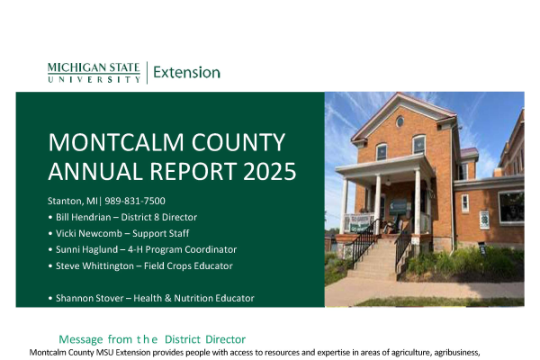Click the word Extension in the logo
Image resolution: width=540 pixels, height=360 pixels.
[186, 72]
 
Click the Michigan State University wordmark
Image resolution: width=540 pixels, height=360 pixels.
[94, 73]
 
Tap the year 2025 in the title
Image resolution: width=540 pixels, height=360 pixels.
[269, 171]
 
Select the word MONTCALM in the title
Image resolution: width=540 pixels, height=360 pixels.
[116, 142]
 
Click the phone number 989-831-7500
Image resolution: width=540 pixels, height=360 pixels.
[135, 201]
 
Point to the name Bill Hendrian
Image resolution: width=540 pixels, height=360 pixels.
[84, 217]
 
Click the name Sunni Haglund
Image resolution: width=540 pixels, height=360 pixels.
[86, 249]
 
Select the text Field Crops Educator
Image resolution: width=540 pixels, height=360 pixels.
[188, 266]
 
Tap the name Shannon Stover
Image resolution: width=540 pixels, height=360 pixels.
[89, 298]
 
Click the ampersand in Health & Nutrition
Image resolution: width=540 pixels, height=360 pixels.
[167, 298]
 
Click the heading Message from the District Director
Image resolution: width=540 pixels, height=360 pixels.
[152, 339]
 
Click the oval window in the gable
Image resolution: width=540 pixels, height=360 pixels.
[400, 121]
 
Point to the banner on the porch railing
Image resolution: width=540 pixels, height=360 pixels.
[358, 223]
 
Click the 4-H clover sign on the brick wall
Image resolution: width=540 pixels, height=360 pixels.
[484, 220]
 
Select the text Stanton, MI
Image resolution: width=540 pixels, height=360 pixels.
[72, 201]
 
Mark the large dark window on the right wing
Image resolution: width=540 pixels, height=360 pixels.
[511, 207]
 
